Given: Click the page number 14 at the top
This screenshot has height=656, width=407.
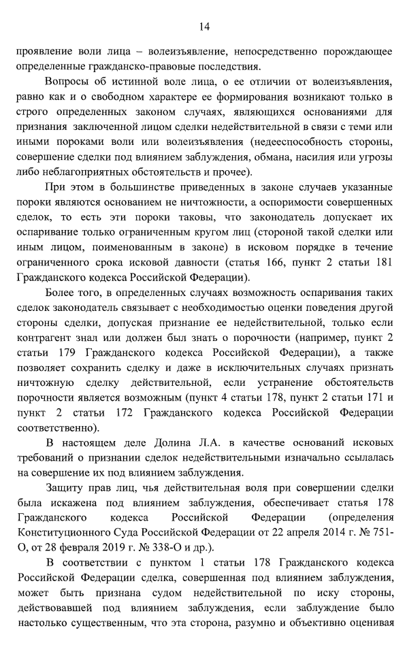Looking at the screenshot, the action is (203, 27).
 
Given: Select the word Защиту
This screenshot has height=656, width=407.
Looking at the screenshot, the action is (65, 489).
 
